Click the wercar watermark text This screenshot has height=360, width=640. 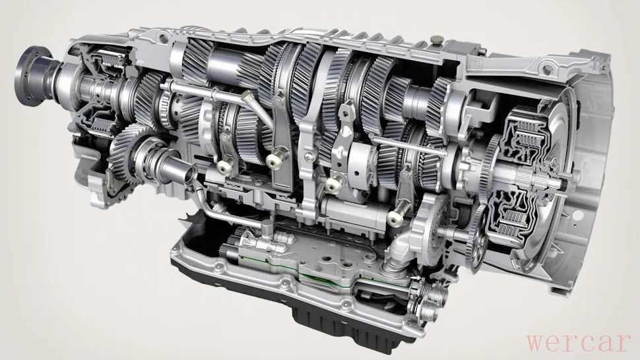(579, 343)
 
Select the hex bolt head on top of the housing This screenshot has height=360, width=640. (437, 40)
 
